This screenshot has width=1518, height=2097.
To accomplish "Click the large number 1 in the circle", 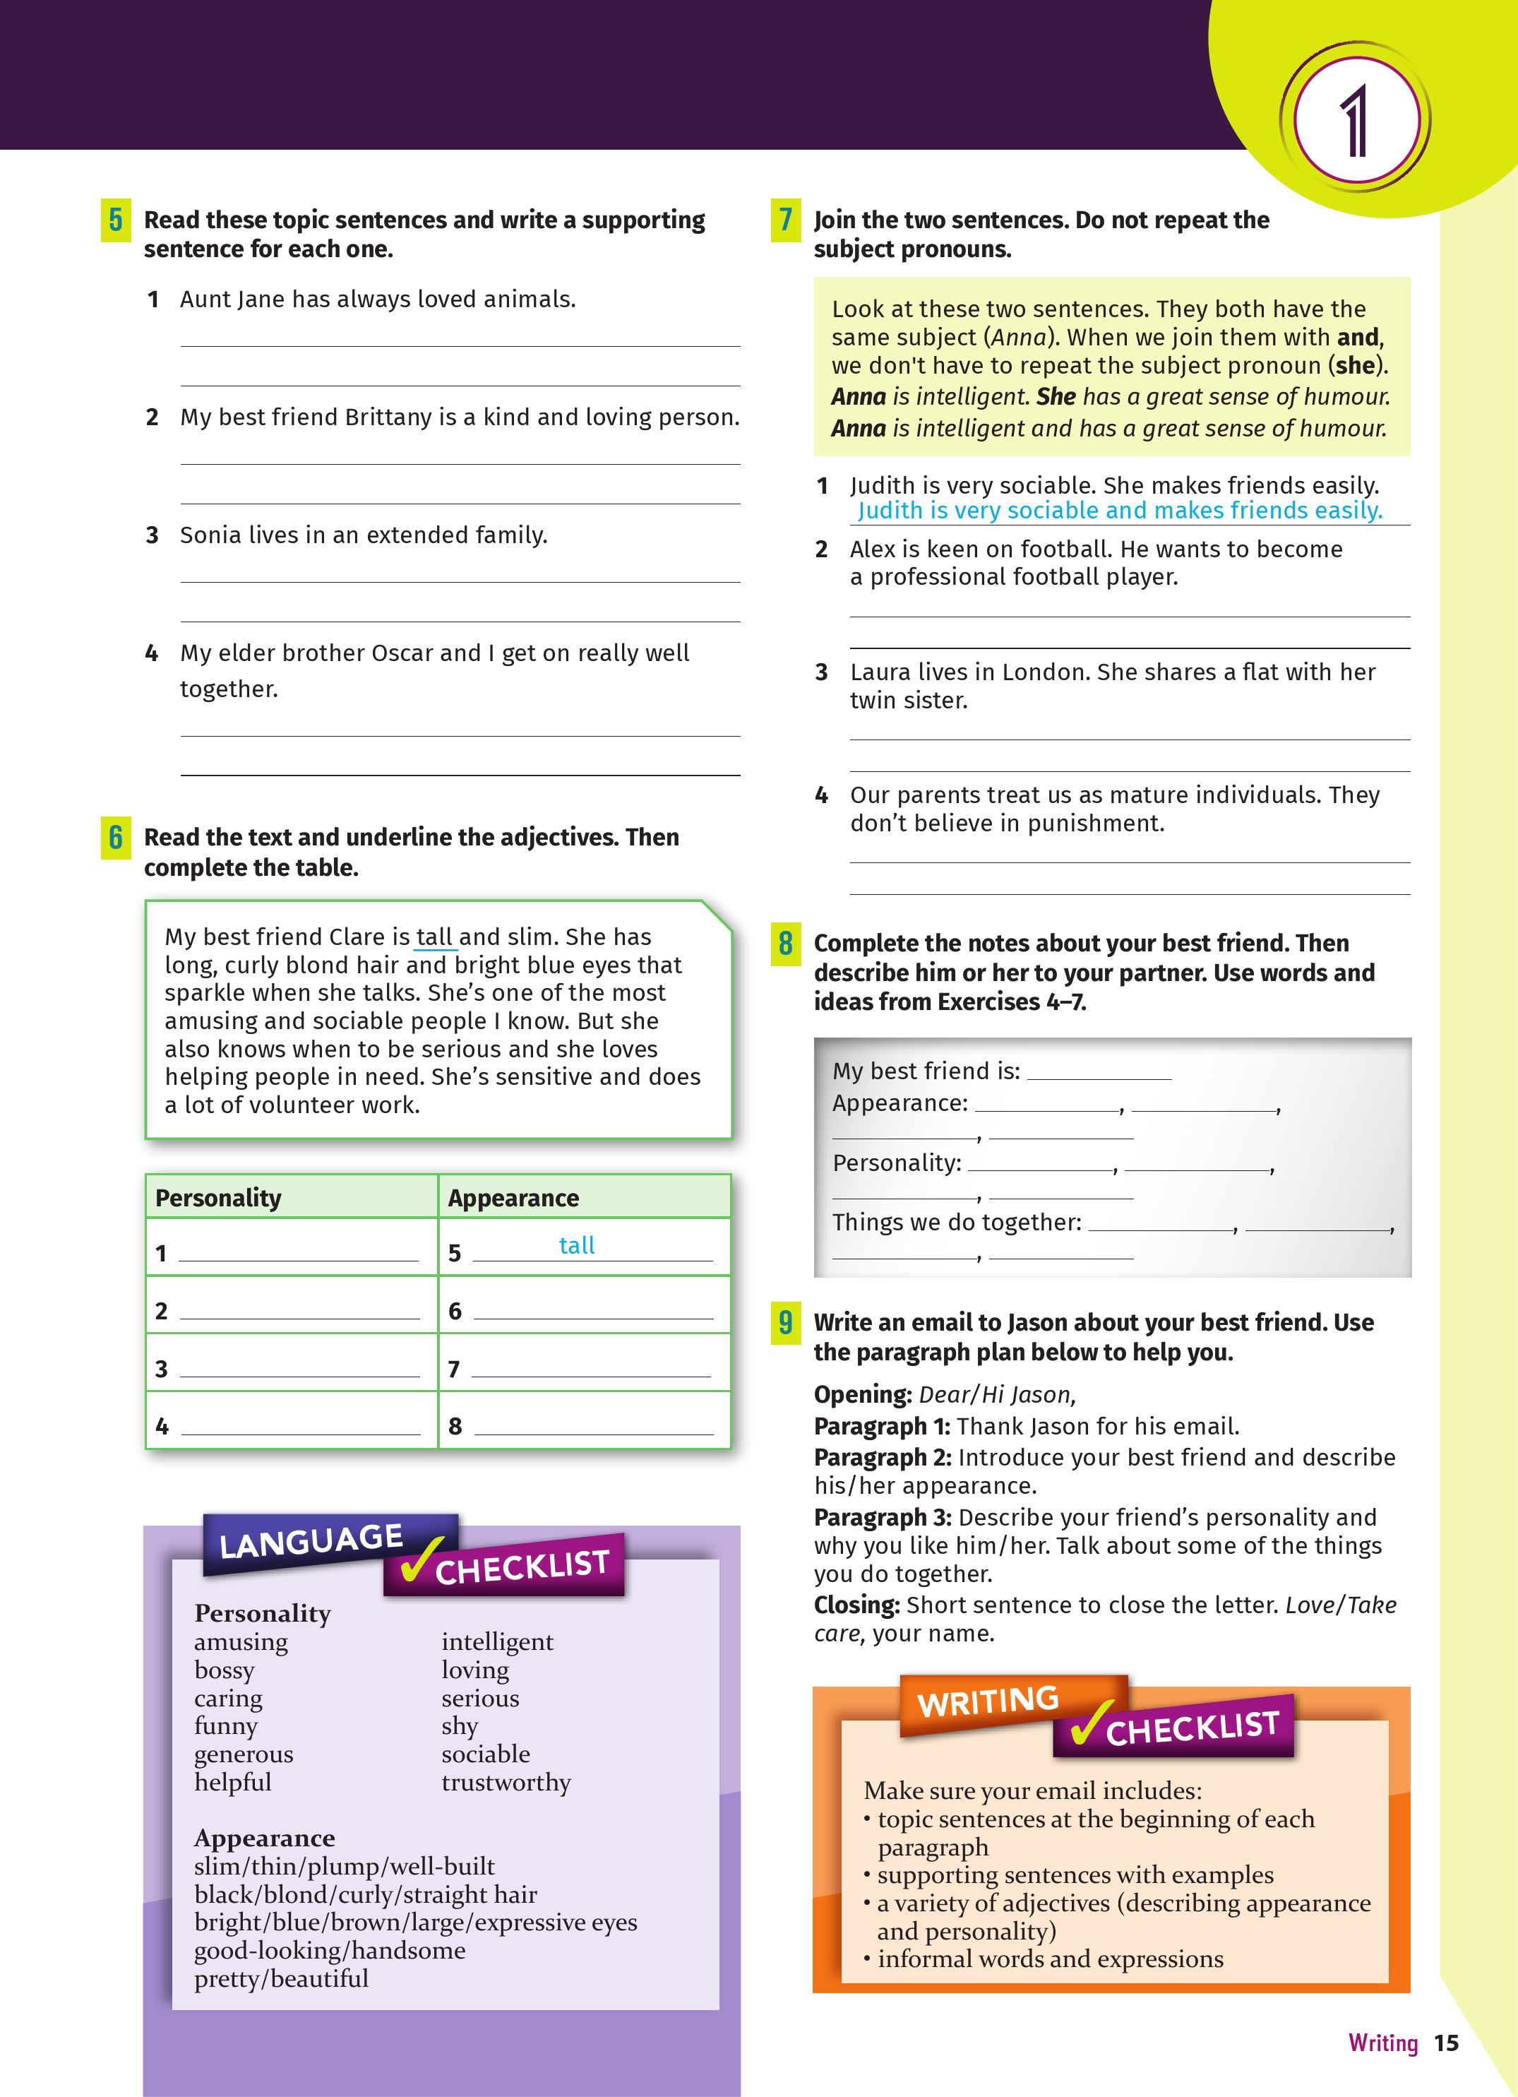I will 1356,121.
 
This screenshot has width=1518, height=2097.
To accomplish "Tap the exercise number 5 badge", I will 116,220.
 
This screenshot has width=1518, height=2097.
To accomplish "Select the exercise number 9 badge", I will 785,1322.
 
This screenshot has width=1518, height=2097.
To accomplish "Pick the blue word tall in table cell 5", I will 577,1245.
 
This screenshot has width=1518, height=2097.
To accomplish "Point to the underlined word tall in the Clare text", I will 434,937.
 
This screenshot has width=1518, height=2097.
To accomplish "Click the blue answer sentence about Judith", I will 1120,511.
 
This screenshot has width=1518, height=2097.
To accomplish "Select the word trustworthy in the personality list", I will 506,1782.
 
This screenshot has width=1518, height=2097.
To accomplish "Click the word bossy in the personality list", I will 224,1670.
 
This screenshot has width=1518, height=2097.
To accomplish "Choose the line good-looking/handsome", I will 329,1950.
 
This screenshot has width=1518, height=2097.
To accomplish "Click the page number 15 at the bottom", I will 1446,2043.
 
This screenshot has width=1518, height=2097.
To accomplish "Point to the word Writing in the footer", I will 1382,2043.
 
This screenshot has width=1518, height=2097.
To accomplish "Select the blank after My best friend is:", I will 1099,1073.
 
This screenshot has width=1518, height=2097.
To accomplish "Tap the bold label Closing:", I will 856,1605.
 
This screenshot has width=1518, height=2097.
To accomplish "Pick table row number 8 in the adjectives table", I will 455,1427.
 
